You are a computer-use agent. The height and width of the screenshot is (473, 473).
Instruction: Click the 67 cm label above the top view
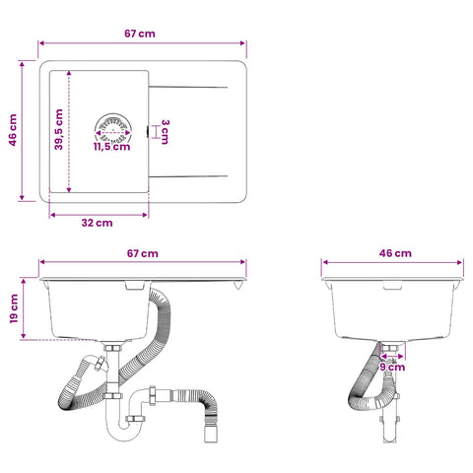click(140, 34)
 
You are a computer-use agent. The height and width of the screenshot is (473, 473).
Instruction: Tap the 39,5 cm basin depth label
click(59, 129)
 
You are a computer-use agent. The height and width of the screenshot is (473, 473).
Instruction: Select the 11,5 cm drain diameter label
click(112, 147)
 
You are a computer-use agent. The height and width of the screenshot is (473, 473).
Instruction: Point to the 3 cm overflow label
click(165, 132)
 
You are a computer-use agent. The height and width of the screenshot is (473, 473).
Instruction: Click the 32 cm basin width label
click(97, 223)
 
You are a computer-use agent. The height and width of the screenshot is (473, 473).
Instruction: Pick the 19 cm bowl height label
click(14, 308)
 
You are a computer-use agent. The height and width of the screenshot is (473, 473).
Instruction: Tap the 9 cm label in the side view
click(392, 367)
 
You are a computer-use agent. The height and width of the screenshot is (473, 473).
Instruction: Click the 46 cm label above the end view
click(395, 253)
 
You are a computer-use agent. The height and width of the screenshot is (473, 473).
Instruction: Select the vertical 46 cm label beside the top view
click(13, 130)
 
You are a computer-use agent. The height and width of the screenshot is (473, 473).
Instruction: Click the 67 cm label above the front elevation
click(142, 253)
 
